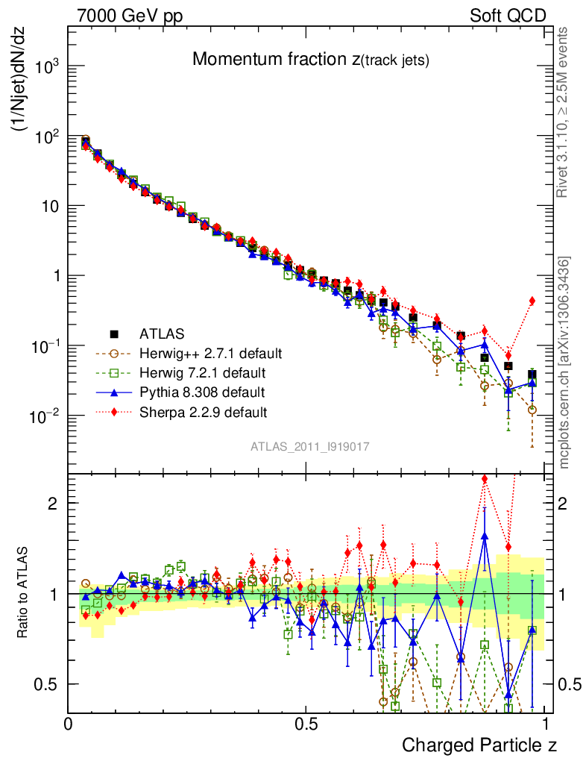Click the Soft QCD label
(x=508, y=16)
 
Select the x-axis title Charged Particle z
(x=479, y=745)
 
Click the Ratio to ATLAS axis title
(x=23, y=593)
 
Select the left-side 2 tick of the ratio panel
(x=53, y=503)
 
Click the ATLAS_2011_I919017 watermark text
(x=309, y=447)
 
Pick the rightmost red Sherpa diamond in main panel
(x=532, y=301)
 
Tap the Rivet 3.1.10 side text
(x=564, y=112)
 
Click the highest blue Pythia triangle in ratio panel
(x=485, y=535)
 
